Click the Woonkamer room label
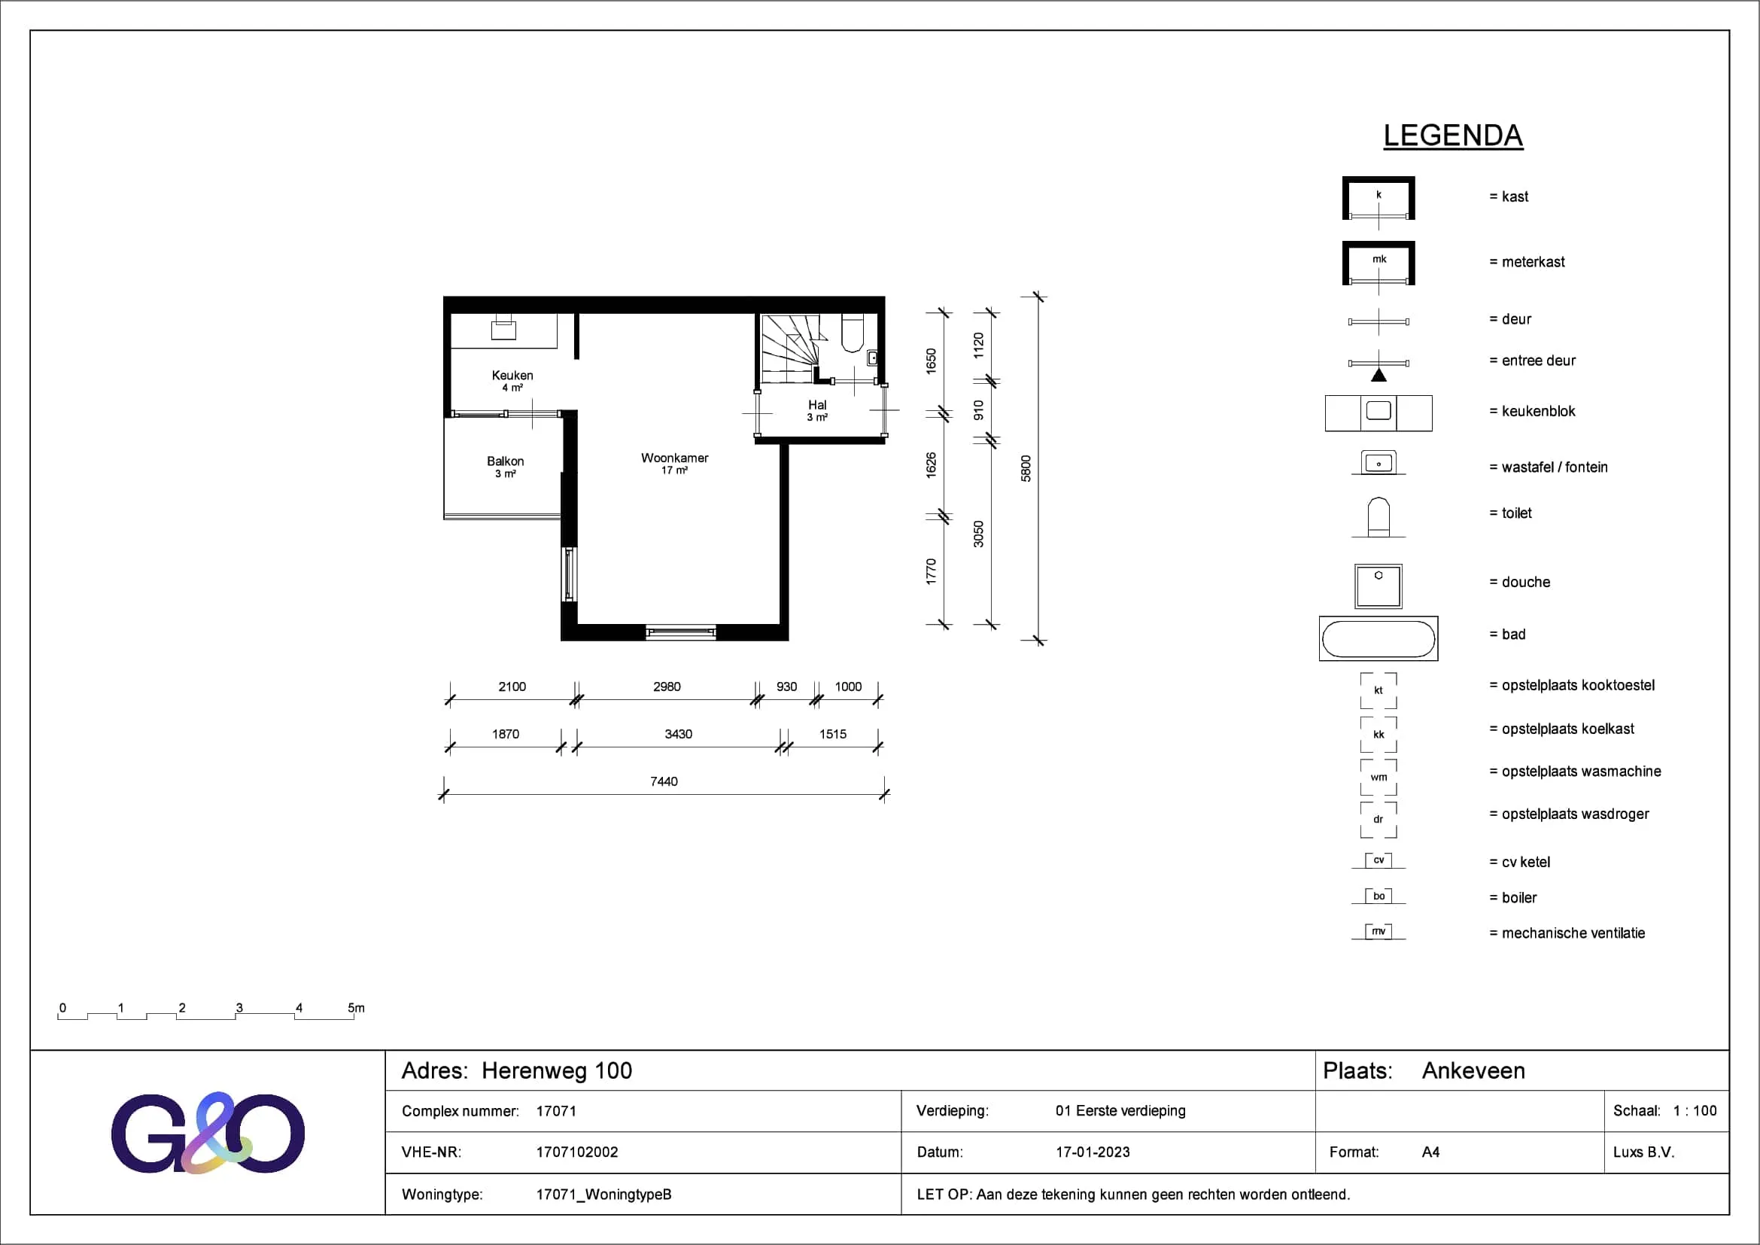click(674, 458)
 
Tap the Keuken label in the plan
click(512, 375)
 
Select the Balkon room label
click(505, 461)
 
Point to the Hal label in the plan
click(817, 405)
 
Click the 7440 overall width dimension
click(664, 781)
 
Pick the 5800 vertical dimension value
click(1026, 468)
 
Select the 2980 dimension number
click(667, 687)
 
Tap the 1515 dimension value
click(833, 735)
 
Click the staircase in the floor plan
click(789, 349)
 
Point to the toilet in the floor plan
click(853, 332)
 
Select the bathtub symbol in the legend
click(1379, 638)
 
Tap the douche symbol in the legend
click(1379, 586)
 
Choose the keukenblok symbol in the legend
click(1379, 413)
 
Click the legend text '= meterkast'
click(1527, 262)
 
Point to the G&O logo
click(208, 1133)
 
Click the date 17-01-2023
click(1093, 1152)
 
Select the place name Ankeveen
click(1473, 1071)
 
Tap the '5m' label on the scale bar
click(357, 1007)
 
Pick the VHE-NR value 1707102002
click(577, 1152)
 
